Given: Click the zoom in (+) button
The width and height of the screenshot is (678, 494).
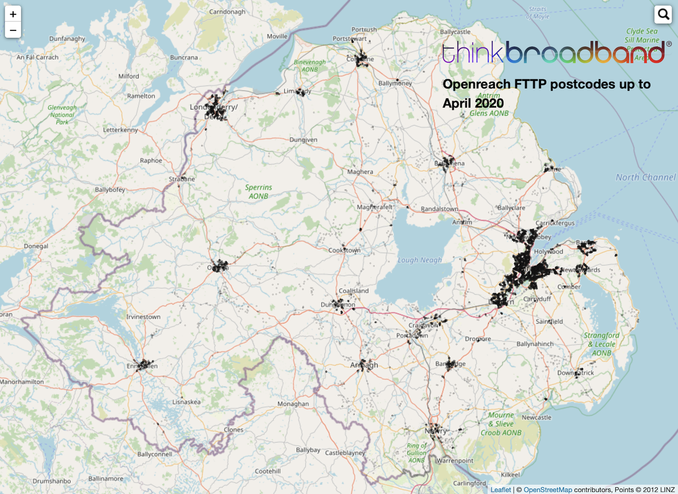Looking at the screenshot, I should click(x=13, y=14).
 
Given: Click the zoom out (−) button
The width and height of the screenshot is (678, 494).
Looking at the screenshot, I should click(x=13, y=30).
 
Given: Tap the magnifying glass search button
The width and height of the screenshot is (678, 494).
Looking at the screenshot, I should click(x=663, y=14).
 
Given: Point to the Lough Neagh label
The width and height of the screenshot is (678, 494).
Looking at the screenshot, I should click(x=420, y=260).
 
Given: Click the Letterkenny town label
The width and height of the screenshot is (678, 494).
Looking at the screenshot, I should click(x=120, y=130).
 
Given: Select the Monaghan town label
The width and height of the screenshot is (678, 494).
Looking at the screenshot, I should click(x=293, y=404).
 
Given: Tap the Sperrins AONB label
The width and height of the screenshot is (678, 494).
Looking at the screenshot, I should click(x=258, y=191).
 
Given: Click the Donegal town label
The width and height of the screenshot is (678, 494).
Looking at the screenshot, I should click(x=36, y=246).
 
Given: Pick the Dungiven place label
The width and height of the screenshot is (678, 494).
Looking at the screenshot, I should click(x=303, y=140).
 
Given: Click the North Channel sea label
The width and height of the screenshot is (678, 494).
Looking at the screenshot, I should click(x=645, y=177).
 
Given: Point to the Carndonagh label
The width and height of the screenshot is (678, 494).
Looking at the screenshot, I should click(x=227, y=11).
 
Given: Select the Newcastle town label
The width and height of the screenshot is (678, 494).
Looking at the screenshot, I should click(x=536, y=417).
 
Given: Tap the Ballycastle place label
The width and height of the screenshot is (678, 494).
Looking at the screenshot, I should click(x=455, y=32).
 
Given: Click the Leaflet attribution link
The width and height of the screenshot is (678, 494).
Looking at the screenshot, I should click(x=500, y=490).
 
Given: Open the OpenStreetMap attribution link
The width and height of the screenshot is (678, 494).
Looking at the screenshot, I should click(x=547, y=490).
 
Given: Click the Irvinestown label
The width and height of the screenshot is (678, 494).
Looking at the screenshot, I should click(x=143, y=316).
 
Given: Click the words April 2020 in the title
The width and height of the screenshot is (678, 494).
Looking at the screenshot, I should click(x=473, y=103).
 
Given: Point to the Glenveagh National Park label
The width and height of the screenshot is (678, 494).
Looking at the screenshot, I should click(x=62, y=115).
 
